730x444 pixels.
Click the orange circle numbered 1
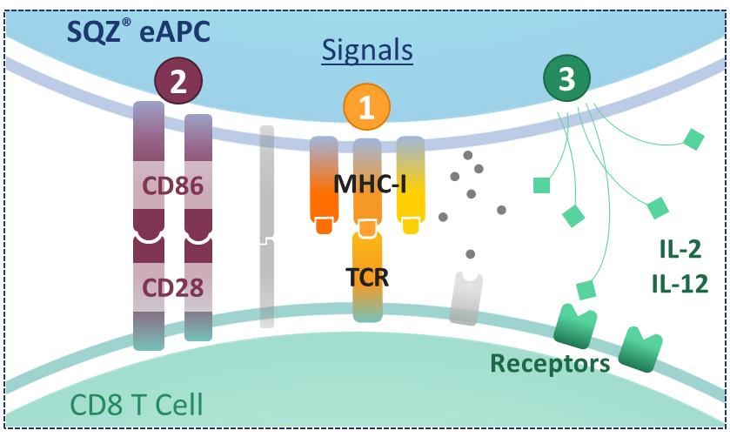tap(367, 107)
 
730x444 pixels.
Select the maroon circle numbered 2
tap(178, 83)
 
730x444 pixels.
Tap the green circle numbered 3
tap(566, 80)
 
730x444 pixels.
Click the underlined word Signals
tap(366, 50)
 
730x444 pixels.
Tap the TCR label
tap(367, 279)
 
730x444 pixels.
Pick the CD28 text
tap(174, 287)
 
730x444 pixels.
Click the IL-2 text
tap(680, 251)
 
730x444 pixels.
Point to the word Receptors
tap(549, 363)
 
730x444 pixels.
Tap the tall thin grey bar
tap(266, 226)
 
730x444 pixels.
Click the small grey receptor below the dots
tap(466, 298)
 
